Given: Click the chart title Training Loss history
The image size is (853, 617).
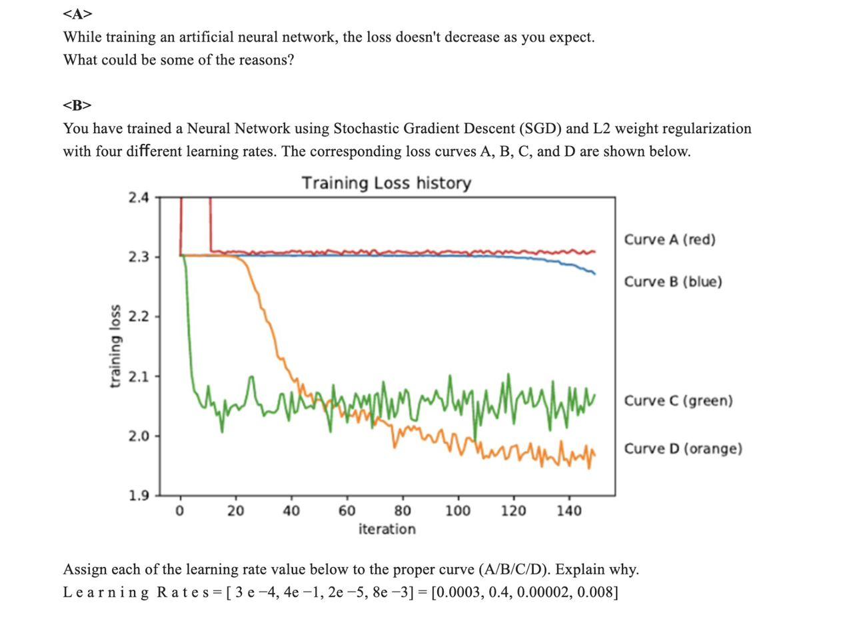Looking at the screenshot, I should point(387,183).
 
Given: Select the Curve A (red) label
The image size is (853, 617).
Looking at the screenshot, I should point(669,239).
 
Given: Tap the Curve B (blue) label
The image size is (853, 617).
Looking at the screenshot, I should point(672,281).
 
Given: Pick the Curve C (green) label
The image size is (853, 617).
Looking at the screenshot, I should point(678,400).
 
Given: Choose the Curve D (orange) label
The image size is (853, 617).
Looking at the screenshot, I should point(682,448).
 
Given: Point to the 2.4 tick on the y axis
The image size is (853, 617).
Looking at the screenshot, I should point(139,197).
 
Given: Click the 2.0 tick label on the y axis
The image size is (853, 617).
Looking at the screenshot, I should point(139,436).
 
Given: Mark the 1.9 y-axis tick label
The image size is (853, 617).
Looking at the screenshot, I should point(139,495).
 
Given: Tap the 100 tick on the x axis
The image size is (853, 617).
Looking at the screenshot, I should point(457,511).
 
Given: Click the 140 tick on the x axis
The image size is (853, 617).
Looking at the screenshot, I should point(568,511).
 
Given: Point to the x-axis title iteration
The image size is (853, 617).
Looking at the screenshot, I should point(387,529).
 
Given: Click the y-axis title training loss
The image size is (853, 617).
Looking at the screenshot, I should point(115,346).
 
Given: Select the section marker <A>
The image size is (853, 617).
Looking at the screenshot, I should point(77,13).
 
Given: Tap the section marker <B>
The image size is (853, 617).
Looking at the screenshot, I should point(77,105).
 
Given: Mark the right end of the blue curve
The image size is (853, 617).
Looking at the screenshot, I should point(594,274).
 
